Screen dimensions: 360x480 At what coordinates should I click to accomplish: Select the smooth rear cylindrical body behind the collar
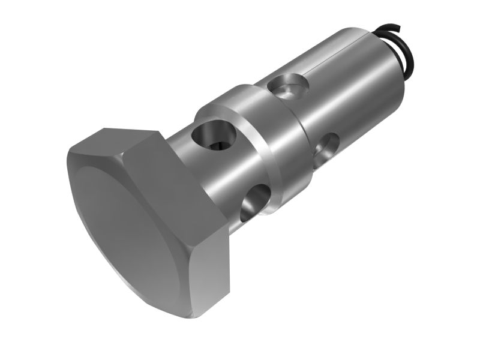(354, 90)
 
